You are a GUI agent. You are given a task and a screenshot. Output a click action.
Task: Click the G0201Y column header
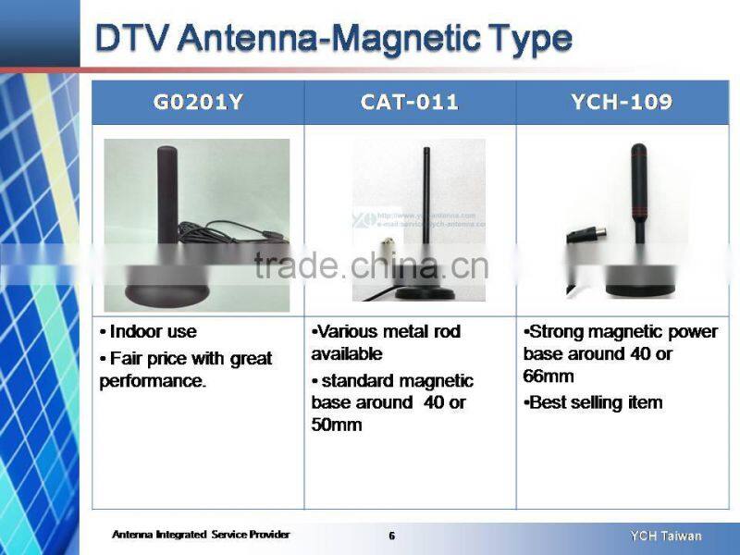tap(198, 103)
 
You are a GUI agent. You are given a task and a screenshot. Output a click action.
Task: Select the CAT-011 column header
tap(409, 103)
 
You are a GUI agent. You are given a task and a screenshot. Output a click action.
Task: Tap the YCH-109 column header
tap(621, 103)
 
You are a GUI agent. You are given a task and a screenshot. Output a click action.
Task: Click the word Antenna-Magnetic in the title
tap(327, 39)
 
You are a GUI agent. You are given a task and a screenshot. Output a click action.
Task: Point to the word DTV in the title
tap(133, 39)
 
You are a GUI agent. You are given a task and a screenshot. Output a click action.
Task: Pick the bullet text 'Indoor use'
tap(153, 332)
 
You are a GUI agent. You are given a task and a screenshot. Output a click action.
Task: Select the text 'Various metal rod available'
tap(386, 342)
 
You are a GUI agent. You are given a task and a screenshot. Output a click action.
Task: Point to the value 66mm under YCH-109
tap(549, 376)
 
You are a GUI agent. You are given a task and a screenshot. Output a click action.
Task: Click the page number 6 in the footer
tap(391, 536)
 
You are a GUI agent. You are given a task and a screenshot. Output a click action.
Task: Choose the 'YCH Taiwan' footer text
tap(666, 536)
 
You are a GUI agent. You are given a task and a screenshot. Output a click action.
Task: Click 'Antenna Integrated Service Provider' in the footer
tap(201, 535)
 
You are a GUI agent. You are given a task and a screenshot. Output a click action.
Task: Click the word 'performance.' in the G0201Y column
tap(153, 380)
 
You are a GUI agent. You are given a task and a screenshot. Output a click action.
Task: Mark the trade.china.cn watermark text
tap(370, 265)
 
